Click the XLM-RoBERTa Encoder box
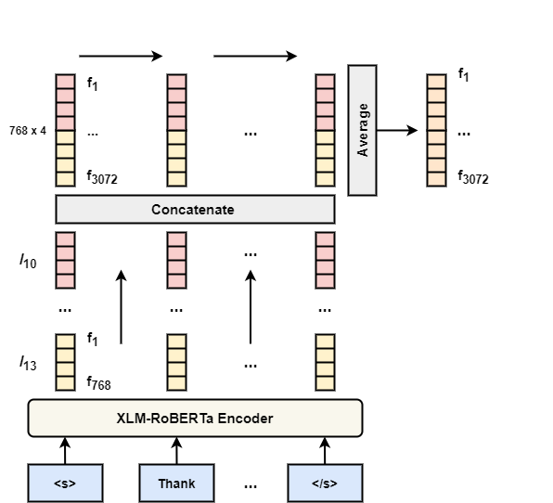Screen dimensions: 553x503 195,418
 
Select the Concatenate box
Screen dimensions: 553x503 195,209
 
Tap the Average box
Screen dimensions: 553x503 362,130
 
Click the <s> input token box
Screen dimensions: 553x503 65,483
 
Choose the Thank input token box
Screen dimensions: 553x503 176,483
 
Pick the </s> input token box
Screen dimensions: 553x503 325,483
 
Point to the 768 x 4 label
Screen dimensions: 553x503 28,131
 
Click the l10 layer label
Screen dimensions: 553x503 28,262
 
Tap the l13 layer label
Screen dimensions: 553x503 28,363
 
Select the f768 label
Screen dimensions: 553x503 98,383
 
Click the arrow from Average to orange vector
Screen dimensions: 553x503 397,131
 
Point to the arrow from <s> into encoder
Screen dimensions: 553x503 65,451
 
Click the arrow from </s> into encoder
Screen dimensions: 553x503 325,451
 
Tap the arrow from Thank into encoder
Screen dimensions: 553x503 176,451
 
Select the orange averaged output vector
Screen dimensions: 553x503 436,130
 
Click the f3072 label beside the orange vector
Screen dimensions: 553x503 473,177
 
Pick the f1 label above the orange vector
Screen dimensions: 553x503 463,75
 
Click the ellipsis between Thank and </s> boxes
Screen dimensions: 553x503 251,486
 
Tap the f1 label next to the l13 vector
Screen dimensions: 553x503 93,339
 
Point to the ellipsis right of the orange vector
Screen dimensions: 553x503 463,134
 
